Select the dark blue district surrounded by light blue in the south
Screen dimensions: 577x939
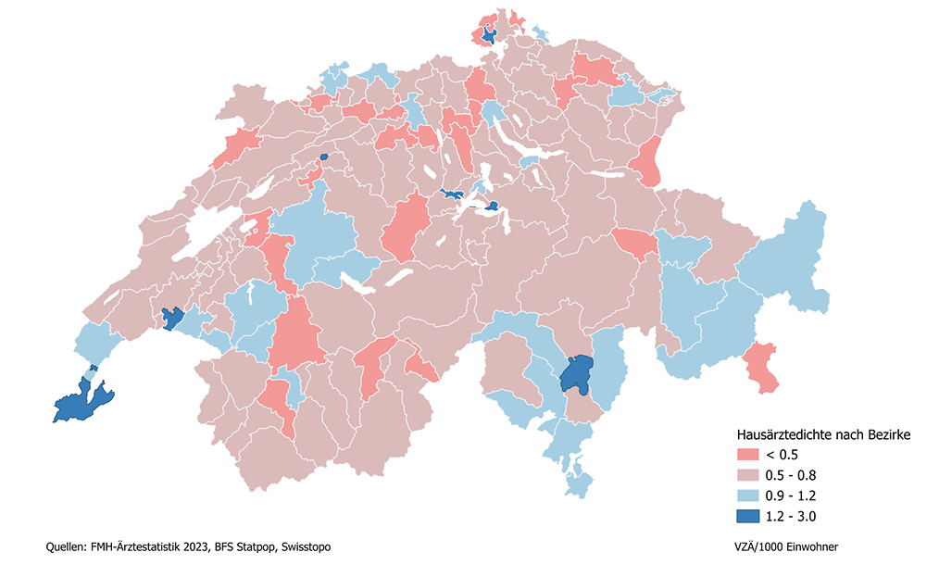(x=577, y=374)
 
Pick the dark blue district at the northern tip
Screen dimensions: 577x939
(x=488, y=36)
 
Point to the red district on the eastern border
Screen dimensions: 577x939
(x=649, y=160)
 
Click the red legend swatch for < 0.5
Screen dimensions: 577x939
(x=747, y=455)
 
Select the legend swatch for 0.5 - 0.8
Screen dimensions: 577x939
(x=747, y=475)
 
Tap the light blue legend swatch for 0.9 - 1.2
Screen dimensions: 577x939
(x=747, y=495)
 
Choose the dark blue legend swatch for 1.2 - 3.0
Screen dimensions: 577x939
(x=747, y=516)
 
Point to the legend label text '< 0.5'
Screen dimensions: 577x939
(x=782, y=455)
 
